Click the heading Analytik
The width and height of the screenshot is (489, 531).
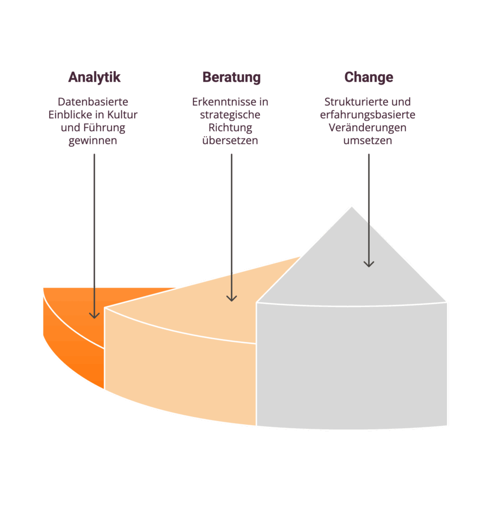(x=94, y=77)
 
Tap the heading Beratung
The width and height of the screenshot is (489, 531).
(x=231, y=77)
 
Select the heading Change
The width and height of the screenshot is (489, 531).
(x=368, y=77)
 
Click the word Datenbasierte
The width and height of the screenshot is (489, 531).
(x=93, y=102)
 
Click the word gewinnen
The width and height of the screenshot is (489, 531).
(x=93, y=141)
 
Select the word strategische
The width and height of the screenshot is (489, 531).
(x=230, y=115)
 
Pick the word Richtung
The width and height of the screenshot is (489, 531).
(x=230, y=128)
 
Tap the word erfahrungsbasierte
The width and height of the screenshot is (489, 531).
(x=368, y=115)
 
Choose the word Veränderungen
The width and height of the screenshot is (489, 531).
(x=368, y=128)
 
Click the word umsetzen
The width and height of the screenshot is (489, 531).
(x=368, y=141)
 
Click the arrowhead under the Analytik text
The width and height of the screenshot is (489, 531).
(x=94, y=314)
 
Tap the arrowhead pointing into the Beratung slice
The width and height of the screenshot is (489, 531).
(x=231, y=298)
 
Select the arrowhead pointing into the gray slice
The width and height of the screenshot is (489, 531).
(x=368, y=263)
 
